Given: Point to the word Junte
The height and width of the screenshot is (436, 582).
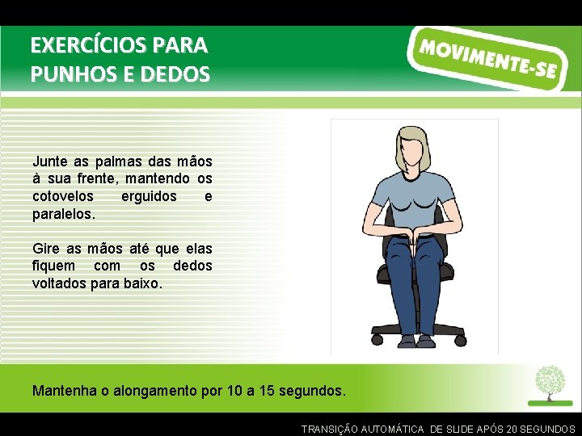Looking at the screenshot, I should point(48,161).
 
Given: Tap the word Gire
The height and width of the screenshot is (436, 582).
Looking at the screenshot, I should point(44,249).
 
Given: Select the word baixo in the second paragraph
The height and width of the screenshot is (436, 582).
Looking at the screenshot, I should point(143,284).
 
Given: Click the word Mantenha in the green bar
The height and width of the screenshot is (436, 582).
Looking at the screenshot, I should point(65,391).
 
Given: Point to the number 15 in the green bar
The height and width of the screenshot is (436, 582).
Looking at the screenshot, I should point(264,391).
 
